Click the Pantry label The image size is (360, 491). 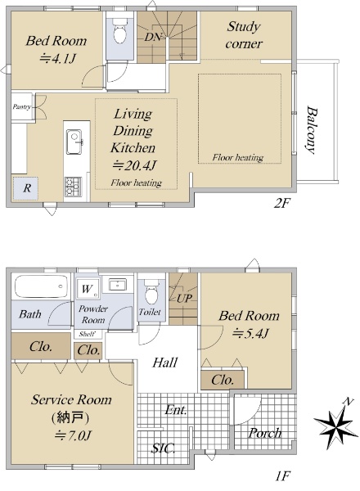(x=21, y=106)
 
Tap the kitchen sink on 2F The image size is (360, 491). (x=74, y=142)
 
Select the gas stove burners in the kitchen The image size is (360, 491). (x=73, y=187)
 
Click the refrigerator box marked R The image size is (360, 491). (x=25, y=188)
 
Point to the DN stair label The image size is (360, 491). (x=153, y=38)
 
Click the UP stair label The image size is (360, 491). (x=184, y=299)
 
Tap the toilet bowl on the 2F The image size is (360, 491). (x=119, y=31)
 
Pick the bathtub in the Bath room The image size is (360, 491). (x=41, y=286)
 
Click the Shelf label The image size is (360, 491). (x=87, y=334)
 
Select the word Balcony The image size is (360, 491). (x=312, y=130)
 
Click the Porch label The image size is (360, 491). (x=265, y=433)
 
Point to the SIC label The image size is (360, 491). (x=163, y=448)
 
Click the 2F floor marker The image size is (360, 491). (x=281, y=204)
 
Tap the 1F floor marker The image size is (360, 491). (x=282, y=476)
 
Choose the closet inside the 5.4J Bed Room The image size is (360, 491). (x=223, y=381)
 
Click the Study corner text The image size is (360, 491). (x=244, y=35)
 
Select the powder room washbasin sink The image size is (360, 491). (x=117, y=285)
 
